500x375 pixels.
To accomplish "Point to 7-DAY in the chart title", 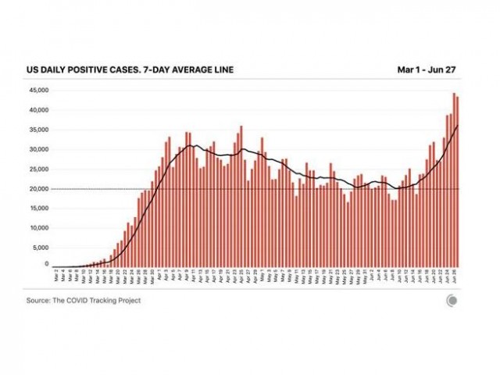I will (x=157, y=70).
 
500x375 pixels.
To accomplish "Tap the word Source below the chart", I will (x=39, y=300).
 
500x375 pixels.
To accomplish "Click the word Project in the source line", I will (x=128, y=300).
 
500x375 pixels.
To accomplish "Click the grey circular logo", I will (x=452, y=301).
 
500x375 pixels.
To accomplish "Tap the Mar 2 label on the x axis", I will (x=56, y=277).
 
